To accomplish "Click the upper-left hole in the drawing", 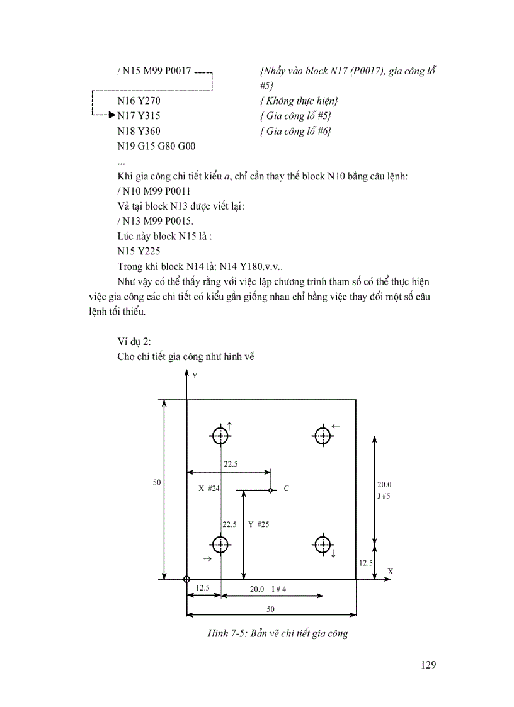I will pyautogui.click(x=220, y=436).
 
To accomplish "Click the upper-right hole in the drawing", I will pyautogui.click(x=323, y=436).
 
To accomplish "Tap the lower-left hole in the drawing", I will pyautogui.click(x=220, y=545).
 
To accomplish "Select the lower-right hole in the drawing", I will pyautogui.click(x=323, y=545).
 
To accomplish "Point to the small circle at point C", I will pyautogui.click(x=270, y=490).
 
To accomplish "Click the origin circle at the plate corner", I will pyautogui.click(x=186, y=579).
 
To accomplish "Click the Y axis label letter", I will pyautogui.click(x=195, y=376).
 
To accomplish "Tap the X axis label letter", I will pyautogui.click(x=390, y=571).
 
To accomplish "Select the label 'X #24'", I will pyautogui.click(x=208, y=489).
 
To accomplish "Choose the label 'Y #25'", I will pyautogui.click(x=258, y=524).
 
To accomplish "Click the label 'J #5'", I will pyautogui.click(x=384, y=496).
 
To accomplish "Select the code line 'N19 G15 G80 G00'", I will pyautogui.click(x=156, y=146).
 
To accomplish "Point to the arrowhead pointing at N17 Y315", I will pyautogui.click(x=112, y=116).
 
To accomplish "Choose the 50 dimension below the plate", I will pyautogui.click(x=271, y=609).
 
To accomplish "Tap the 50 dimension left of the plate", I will pyautogui.click(x=157, y=483).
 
